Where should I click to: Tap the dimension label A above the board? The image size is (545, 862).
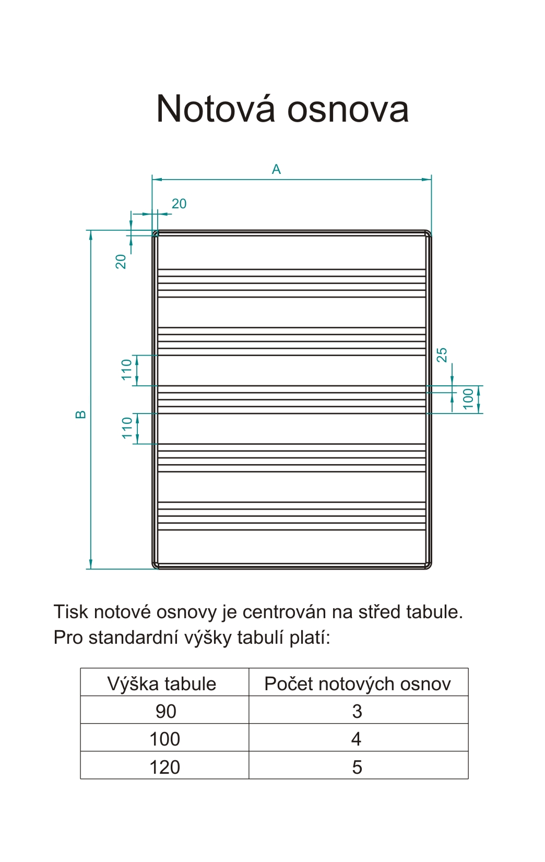pyautogui.click(x=276, y=169)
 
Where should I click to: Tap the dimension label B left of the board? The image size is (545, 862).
pyautogui.click(x=81, y=414)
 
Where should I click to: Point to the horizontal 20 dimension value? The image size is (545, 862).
pyautogui.click(x=179, y=204)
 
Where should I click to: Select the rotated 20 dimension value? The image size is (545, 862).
pyautogui.click(x=121, y=261)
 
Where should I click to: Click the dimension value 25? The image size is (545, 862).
pyautogui.click(x=442, y=355)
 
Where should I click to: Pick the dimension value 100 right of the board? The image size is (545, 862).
pyautogui.click(x=468, y=399)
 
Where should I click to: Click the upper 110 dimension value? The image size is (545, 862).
pyautogui.click(x=127, y=370)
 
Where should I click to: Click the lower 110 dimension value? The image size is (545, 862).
pyautogui.click(x=127, y=428)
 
